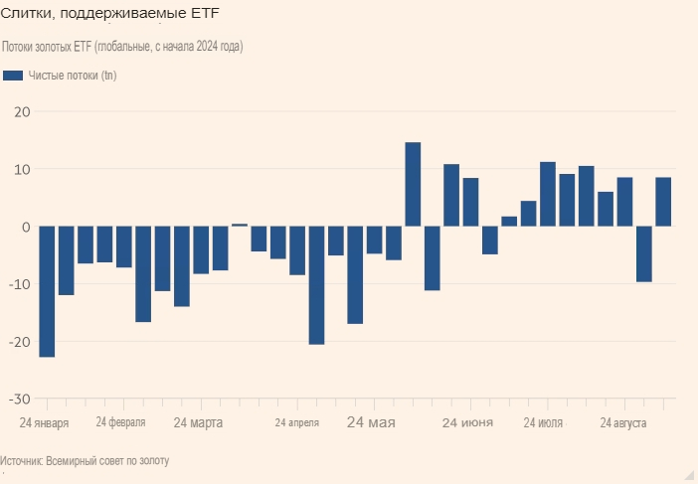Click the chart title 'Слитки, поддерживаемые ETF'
110,13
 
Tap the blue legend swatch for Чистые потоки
13,77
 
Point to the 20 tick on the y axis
22,111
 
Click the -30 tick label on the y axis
19,399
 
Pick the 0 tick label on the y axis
26,227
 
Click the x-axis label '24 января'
45,422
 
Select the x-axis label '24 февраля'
120,422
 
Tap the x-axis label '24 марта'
198,422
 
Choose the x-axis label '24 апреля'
297,423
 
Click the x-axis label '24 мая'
371,422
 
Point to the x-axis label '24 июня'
467,422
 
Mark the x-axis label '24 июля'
543,422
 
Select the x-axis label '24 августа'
624,422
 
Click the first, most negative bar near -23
47,291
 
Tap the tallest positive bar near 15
413,184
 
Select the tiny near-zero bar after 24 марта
240,225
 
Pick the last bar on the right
663,202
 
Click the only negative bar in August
643,253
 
